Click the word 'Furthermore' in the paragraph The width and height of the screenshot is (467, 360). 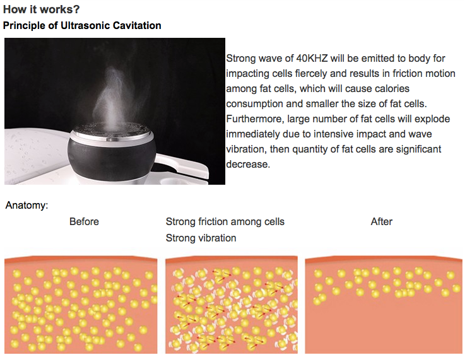point(253,119)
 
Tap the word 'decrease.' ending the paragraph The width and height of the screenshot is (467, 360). point(247,165)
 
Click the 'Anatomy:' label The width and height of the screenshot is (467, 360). point(27,206)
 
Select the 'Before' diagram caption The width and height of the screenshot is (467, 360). point(84,222)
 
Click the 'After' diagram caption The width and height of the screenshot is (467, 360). point(381,222)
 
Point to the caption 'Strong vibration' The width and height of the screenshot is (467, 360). point(201,238)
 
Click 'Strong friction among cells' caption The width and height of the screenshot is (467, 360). point(225,222)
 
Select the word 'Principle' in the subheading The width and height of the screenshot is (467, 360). point(23,26)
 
